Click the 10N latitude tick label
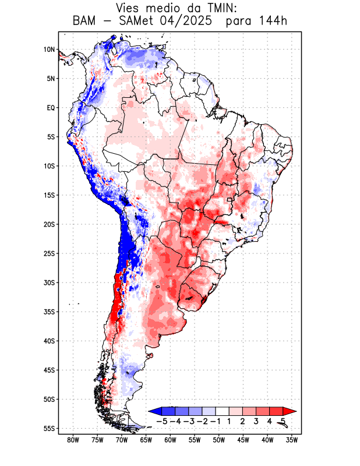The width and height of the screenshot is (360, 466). (x=49, y=50)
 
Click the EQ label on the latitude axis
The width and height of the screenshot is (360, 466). (x=51, y=108)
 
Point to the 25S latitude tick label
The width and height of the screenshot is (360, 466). (x=49, y=253)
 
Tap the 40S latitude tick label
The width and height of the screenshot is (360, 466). (x=49, y=341)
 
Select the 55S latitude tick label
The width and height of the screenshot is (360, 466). (x=49, y=428)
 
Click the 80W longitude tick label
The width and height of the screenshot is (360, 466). (x=73, y=440)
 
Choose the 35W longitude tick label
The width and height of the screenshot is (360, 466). (x=292, y=440)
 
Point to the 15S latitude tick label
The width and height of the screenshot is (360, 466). (x=49, y=195)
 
